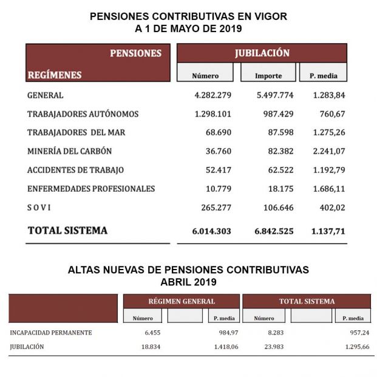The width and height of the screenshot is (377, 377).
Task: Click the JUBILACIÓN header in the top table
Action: pos(262,53)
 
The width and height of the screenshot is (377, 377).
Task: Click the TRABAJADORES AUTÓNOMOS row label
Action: pos(83,114)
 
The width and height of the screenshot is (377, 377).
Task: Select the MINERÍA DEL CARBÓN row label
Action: pos(69,151)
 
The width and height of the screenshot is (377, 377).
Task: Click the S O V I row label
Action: pos(39,208)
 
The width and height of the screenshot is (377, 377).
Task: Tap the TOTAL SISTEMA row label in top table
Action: pos(67,231)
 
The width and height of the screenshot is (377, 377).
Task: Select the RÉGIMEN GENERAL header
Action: pos(181,301)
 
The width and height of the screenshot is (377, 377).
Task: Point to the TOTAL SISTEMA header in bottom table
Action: pos(306,301)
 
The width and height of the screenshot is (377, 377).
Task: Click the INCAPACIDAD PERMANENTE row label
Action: pos(51,333)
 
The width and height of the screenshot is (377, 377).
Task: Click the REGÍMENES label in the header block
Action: pos(54,75)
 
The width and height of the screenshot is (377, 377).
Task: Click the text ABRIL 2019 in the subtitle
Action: pos(188,282)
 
